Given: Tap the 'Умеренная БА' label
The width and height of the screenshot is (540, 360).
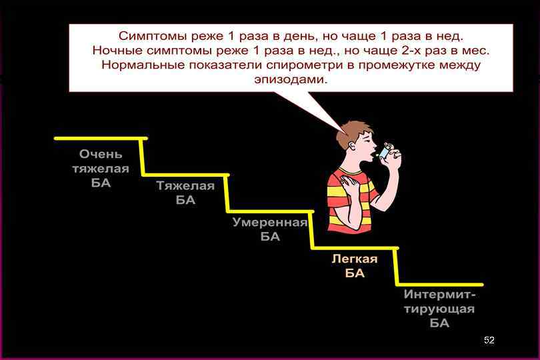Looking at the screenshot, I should tap(269, 229).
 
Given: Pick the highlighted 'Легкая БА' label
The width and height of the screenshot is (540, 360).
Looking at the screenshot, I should tap(355, 266).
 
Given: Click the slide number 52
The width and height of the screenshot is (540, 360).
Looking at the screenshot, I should tap(489, 340).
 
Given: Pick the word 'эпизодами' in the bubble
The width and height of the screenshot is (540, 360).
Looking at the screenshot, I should tap(291, 79).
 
